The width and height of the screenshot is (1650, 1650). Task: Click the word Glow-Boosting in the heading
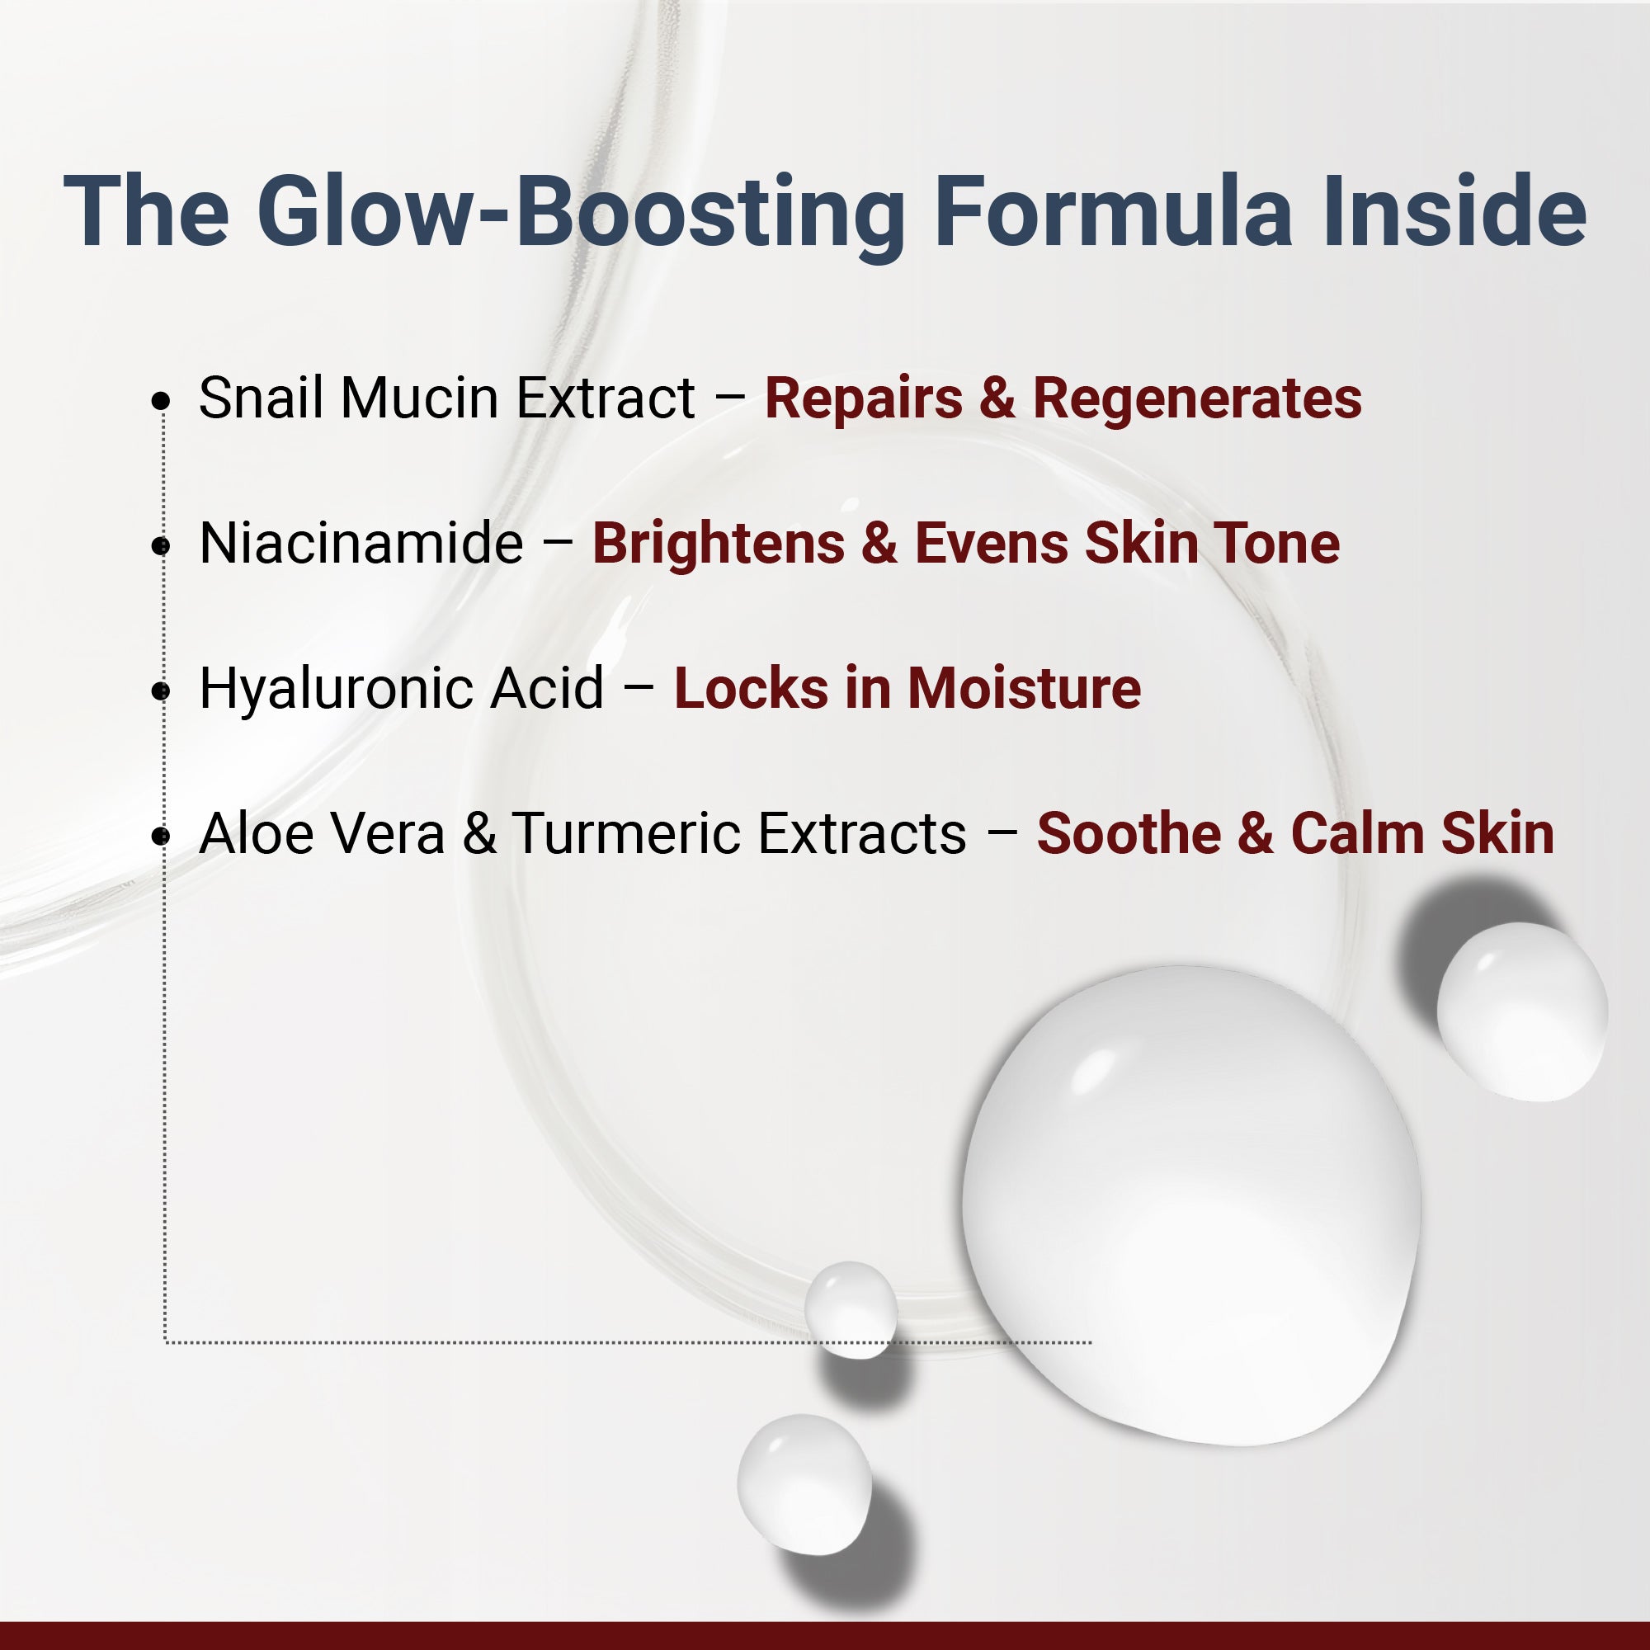[x=581, y=214]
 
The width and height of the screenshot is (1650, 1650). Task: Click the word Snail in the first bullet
[x=262, y=398]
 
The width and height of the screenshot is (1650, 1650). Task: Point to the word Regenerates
[x=1196, y=398]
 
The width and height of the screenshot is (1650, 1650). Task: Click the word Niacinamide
[x=361, y=543]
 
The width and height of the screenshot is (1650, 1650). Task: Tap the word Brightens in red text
[x=719, y=543]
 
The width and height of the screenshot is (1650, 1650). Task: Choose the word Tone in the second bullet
[x=1277, y=543]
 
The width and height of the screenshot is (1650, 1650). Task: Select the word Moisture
[x=1024, y=688]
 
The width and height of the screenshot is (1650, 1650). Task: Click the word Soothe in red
[x=1128, y=833]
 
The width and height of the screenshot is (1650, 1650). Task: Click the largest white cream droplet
[x=1191, y=1204]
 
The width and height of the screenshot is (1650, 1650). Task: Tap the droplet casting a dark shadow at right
[x=1521, y=1011]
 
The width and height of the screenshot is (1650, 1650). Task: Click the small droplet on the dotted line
[x=851, y=1309]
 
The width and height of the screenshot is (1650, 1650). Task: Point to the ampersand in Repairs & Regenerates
[x=997, y=398]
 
